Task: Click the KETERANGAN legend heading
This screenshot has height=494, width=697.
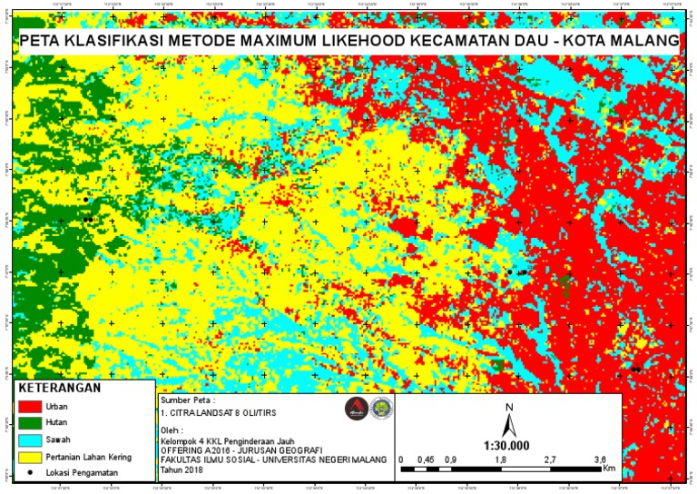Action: (x=60, y=388)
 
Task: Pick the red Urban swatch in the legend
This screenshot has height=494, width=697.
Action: (x=31, y=405)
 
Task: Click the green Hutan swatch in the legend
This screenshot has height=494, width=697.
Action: (x=31, y=422)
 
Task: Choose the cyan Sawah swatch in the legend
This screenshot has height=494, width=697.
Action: (x=31, y=440)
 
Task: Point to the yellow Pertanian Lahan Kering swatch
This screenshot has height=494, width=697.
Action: (x=31, y=457)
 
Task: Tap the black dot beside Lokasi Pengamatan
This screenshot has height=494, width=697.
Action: (x=32, y=473)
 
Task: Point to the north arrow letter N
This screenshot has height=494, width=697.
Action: (x=510, y=407)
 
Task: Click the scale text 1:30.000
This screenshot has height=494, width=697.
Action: (x=509, y=446)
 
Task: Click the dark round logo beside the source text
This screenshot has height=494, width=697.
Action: (x=355, y=409)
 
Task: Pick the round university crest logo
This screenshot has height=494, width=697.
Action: (x=381, y=409)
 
